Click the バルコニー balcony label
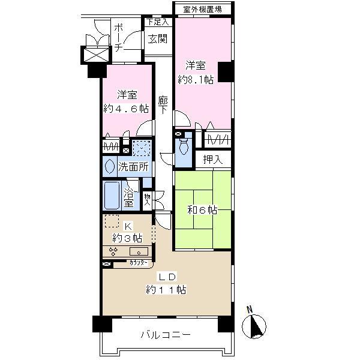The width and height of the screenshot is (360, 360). click(x=166, y=335)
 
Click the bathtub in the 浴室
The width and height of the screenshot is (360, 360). click(x=112, y=194)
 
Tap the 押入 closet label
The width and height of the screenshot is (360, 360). click(x=213, y=159)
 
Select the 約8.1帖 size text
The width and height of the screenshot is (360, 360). click(x=196, y=79)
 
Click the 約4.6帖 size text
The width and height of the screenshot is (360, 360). click(x=125, y=108)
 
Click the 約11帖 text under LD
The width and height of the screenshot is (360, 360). click(x=166, y=289)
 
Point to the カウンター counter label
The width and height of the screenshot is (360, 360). click(x=139, y=263)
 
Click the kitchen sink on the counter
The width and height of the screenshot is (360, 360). click(x=139, y=251)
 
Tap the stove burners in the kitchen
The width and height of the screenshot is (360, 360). click(x=114, y=251)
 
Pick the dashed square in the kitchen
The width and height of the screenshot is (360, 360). click(x=112, y=221)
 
